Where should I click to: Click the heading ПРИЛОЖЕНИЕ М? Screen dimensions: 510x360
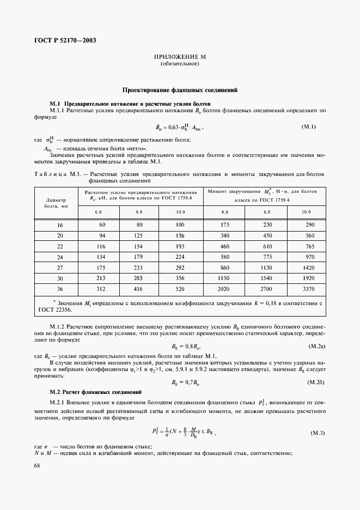coord(180,57)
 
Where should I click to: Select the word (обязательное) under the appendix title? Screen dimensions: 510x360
coord(180,64)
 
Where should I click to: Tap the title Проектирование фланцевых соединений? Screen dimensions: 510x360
coord(180,90)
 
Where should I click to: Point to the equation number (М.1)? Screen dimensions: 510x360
coord(309,127)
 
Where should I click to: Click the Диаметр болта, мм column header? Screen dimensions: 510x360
coord(57,203)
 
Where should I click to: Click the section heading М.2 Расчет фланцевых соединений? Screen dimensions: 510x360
coord(95,392)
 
